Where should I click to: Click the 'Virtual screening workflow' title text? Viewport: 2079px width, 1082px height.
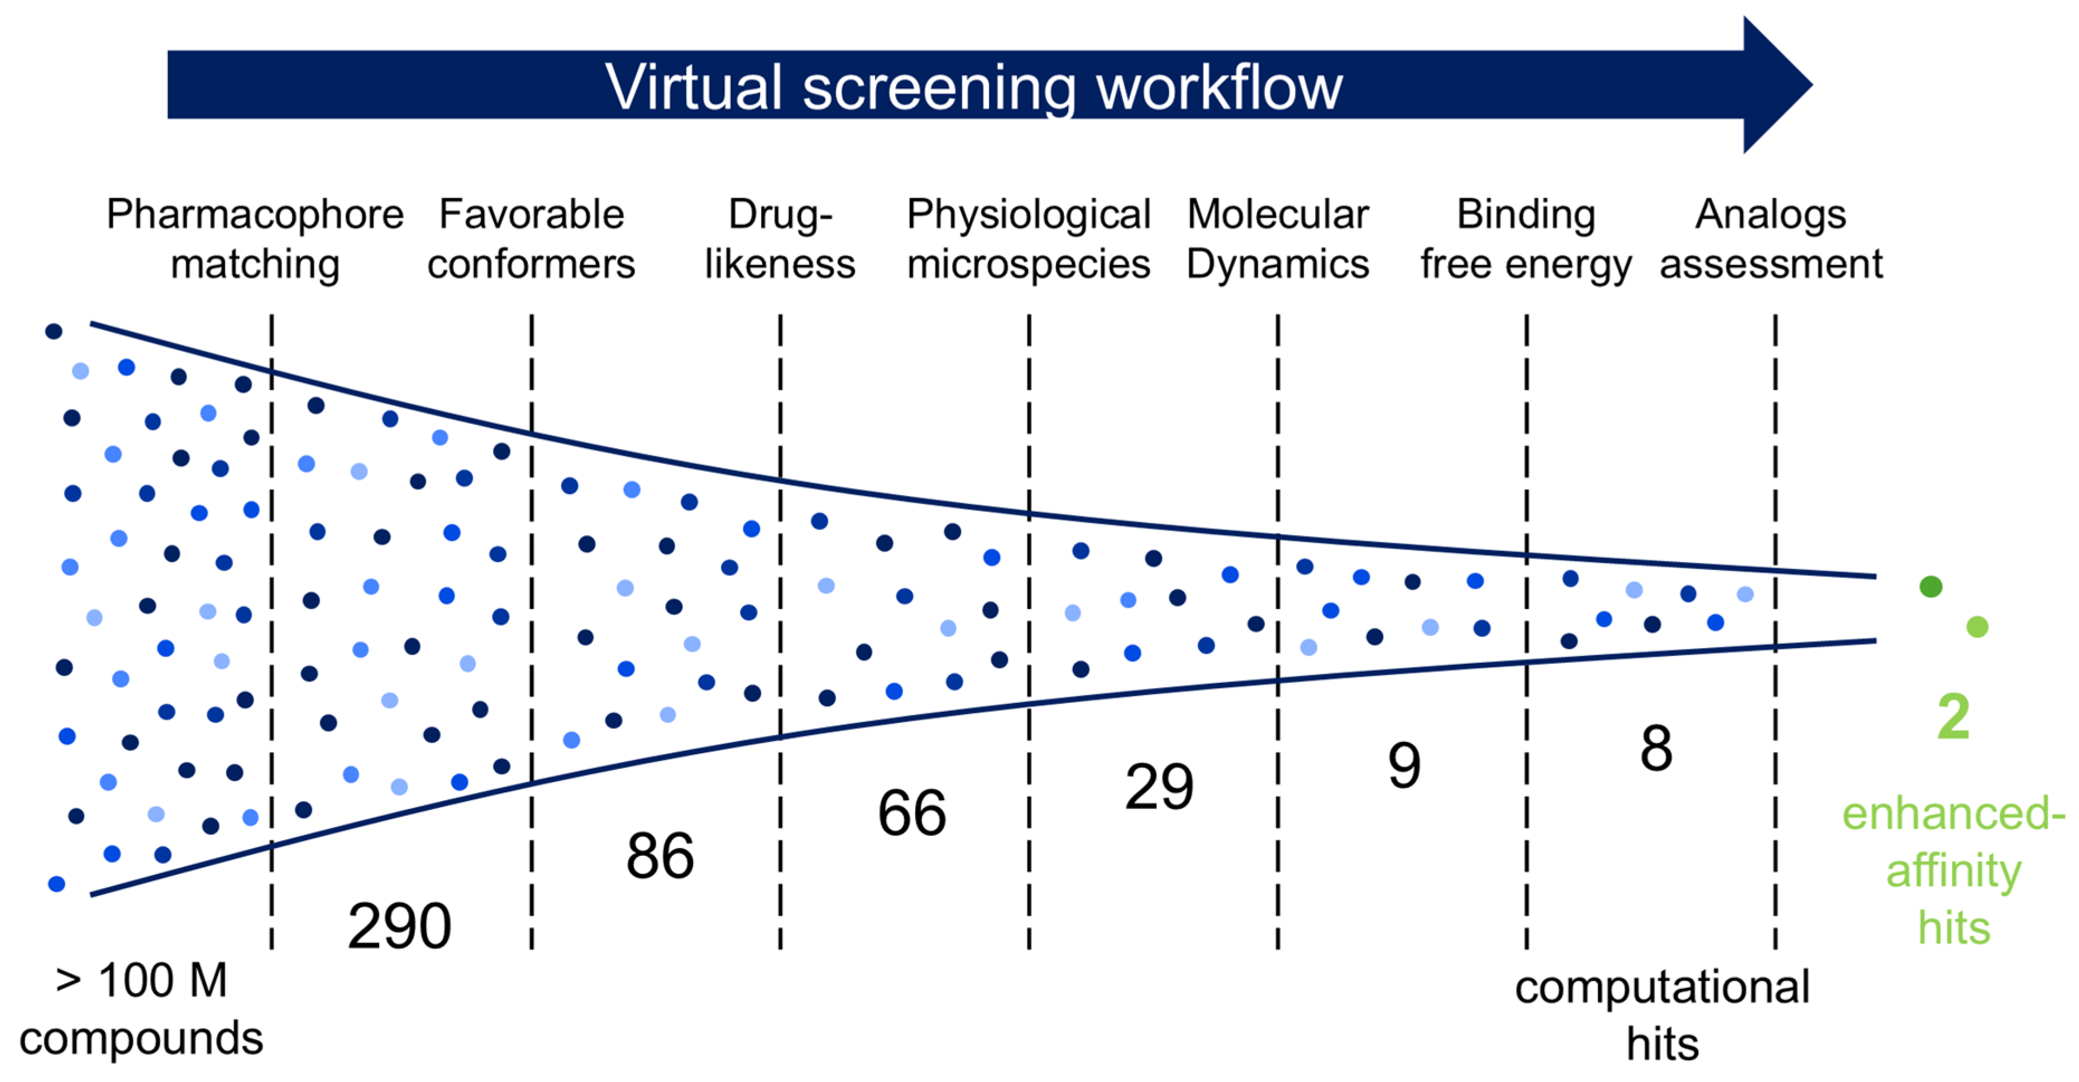pyautogui.click(x=973, y=87)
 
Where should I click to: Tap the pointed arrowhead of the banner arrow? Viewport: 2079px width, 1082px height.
pyautogui.click(x=1812, y=84)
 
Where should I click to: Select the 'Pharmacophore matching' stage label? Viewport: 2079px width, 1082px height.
pyautogui.click(x=255, y=239)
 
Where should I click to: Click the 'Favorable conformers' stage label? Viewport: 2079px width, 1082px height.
pyautogui.click(x=532, y=239)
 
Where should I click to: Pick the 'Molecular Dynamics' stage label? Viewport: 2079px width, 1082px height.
pyautogui.click(x=1278, y=239)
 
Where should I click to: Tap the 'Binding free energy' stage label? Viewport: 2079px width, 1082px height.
pyautogui.click(x=1526, y=239)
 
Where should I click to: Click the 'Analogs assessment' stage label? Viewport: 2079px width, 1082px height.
pyautogui.click(x=1771, y=239)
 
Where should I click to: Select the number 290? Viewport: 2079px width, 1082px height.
pyautogui.click(x=399, y=926)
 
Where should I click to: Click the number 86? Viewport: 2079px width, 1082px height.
pyautogui.click(x=660, y=856)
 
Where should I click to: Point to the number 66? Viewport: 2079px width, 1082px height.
pyautogui.click(x=912, y=812)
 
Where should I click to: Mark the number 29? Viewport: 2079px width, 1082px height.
pyautogui.click(x=1160, y=787)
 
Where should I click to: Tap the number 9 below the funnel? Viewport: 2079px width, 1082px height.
pyautogui.click(x=1404, y=765)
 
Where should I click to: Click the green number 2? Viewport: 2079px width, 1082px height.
pyautogui.click(x=1953, y=716)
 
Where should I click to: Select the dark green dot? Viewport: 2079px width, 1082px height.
pyautogui.click(x=1930, y=587)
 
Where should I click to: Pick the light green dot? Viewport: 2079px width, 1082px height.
pyautogui.click(x=1977, y=627)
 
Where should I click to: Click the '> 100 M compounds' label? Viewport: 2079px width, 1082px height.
pyautogui.click(x=141, y=1009)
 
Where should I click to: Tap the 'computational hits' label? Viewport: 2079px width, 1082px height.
pyautogui.click(x=1662, y=1015)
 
